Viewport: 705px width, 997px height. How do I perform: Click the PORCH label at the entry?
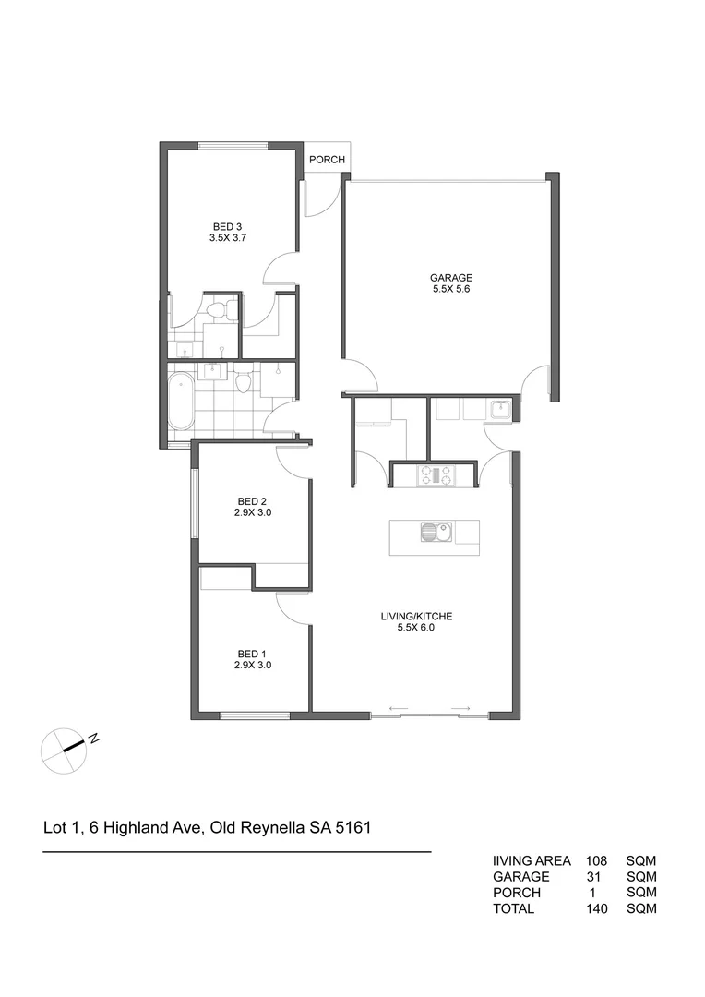[x=327, y=160]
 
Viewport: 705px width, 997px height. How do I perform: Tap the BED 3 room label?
[x=227, y=226]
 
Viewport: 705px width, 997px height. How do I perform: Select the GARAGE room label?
[x=451, y=277]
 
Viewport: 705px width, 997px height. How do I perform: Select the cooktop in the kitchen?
[x=436, y=474]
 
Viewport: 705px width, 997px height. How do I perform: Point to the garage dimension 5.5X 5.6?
[x=451, y=289]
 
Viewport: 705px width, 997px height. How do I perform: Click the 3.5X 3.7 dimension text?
[x=227, y=237]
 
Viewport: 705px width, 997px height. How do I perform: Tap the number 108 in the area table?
[x=595, y=860]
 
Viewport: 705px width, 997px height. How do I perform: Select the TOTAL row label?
[x=513, y=908]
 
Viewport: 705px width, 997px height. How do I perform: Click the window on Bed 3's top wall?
[x=233, y=146]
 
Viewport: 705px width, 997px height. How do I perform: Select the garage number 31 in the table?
[x=595, y=876]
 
